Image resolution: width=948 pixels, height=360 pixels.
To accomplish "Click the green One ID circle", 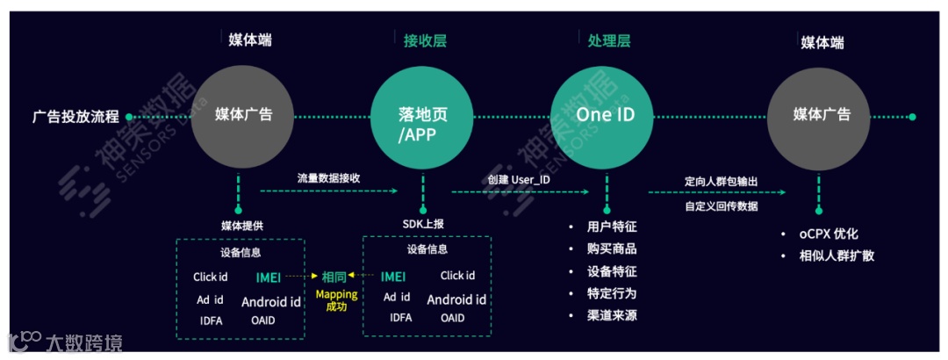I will pyautogui.click(x=605, y=115).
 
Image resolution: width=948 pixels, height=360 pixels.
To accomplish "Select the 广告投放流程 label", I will pyautogui.click(x=75, y=116).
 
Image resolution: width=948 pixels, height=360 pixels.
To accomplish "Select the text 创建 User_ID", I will pyautogui.click(x=519, y=180).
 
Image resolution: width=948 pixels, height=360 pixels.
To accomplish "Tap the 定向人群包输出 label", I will pyautogui.click(x=721, y=181).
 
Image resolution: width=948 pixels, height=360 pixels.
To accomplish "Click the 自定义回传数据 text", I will pyautogui.click(x=721, y=206).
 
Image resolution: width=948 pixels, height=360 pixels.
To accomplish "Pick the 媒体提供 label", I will pyautogui.click(x=241, y=225).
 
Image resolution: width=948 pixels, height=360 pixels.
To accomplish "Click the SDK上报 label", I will pyautogui.click(x=423, y=224).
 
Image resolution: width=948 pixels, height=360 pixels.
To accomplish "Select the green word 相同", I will pyautogui.click(x=334, y=276).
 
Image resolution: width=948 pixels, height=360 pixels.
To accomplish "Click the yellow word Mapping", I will pyautogui.click(x=336, y=294).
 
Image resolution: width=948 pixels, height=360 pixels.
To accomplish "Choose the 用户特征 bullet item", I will pyautogui.click(x=612, y=227).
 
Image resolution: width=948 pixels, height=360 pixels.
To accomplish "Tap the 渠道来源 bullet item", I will pyautogui.click(x=612, y=315).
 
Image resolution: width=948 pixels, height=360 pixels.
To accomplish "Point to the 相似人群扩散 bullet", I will pyautogui.click(x=833, y=256).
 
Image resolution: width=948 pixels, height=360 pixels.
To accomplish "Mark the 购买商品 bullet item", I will pyautogui.click(x=612, y=248).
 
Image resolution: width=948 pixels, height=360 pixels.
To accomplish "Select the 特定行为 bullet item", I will pyautogui.click(x=612, y=293).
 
